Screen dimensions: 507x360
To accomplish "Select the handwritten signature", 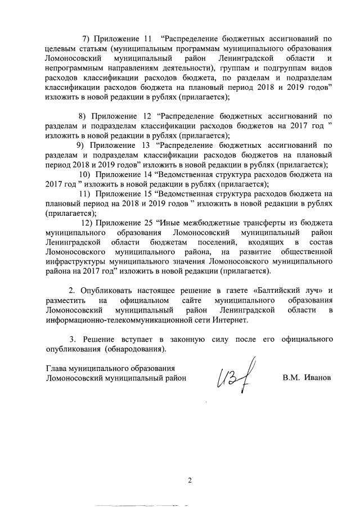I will click(x=232, y=374).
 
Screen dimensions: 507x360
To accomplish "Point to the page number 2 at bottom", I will click(x=190, y=481).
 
